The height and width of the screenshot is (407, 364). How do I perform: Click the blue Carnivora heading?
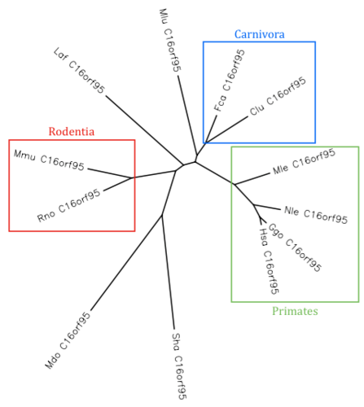click(260, 34)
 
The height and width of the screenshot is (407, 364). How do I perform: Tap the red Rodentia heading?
click(72, 132)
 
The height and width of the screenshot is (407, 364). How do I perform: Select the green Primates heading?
click(295, 311)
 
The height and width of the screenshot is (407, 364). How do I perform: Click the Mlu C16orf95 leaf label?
click(170, 40)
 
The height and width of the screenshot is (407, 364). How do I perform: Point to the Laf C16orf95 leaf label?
click(79, 70)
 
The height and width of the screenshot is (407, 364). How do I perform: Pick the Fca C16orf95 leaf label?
click(230, 81)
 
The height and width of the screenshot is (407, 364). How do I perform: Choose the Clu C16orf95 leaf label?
click(278, 96)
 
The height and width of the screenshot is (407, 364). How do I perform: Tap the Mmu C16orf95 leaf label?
click(49, 160)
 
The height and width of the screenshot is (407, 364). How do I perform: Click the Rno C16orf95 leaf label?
click(68, 205)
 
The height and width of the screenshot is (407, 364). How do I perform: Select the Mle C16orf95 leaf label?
click(304, 162)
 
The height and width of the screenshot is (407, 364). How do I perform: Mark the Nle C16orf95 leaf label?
click(316, 215)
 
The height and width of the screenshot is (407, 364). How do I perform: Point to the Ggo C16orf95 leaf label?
click(295, 247)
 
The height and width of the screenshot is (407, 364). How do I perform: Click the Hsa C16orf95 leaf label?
click(269, 261)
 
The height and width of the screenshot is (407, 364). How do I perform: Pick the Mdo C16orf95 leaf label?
click(68, 340)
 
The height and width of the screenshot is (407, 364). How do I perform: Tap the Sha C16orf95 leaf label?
click(179, 366)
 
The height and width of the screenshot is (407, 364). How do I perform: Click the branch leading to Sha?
click(168, 272)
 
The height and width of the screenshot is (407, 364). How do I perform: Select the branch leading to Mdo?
click(126, 263)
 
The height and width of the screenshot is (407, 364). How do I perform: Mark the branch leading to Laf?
click(144, 130)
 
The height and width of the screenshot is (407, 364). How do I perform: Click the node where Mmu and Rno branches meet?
click(132, 178)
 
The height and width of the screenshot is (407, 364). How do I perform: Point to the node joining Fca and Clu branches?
click(206, 142)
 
